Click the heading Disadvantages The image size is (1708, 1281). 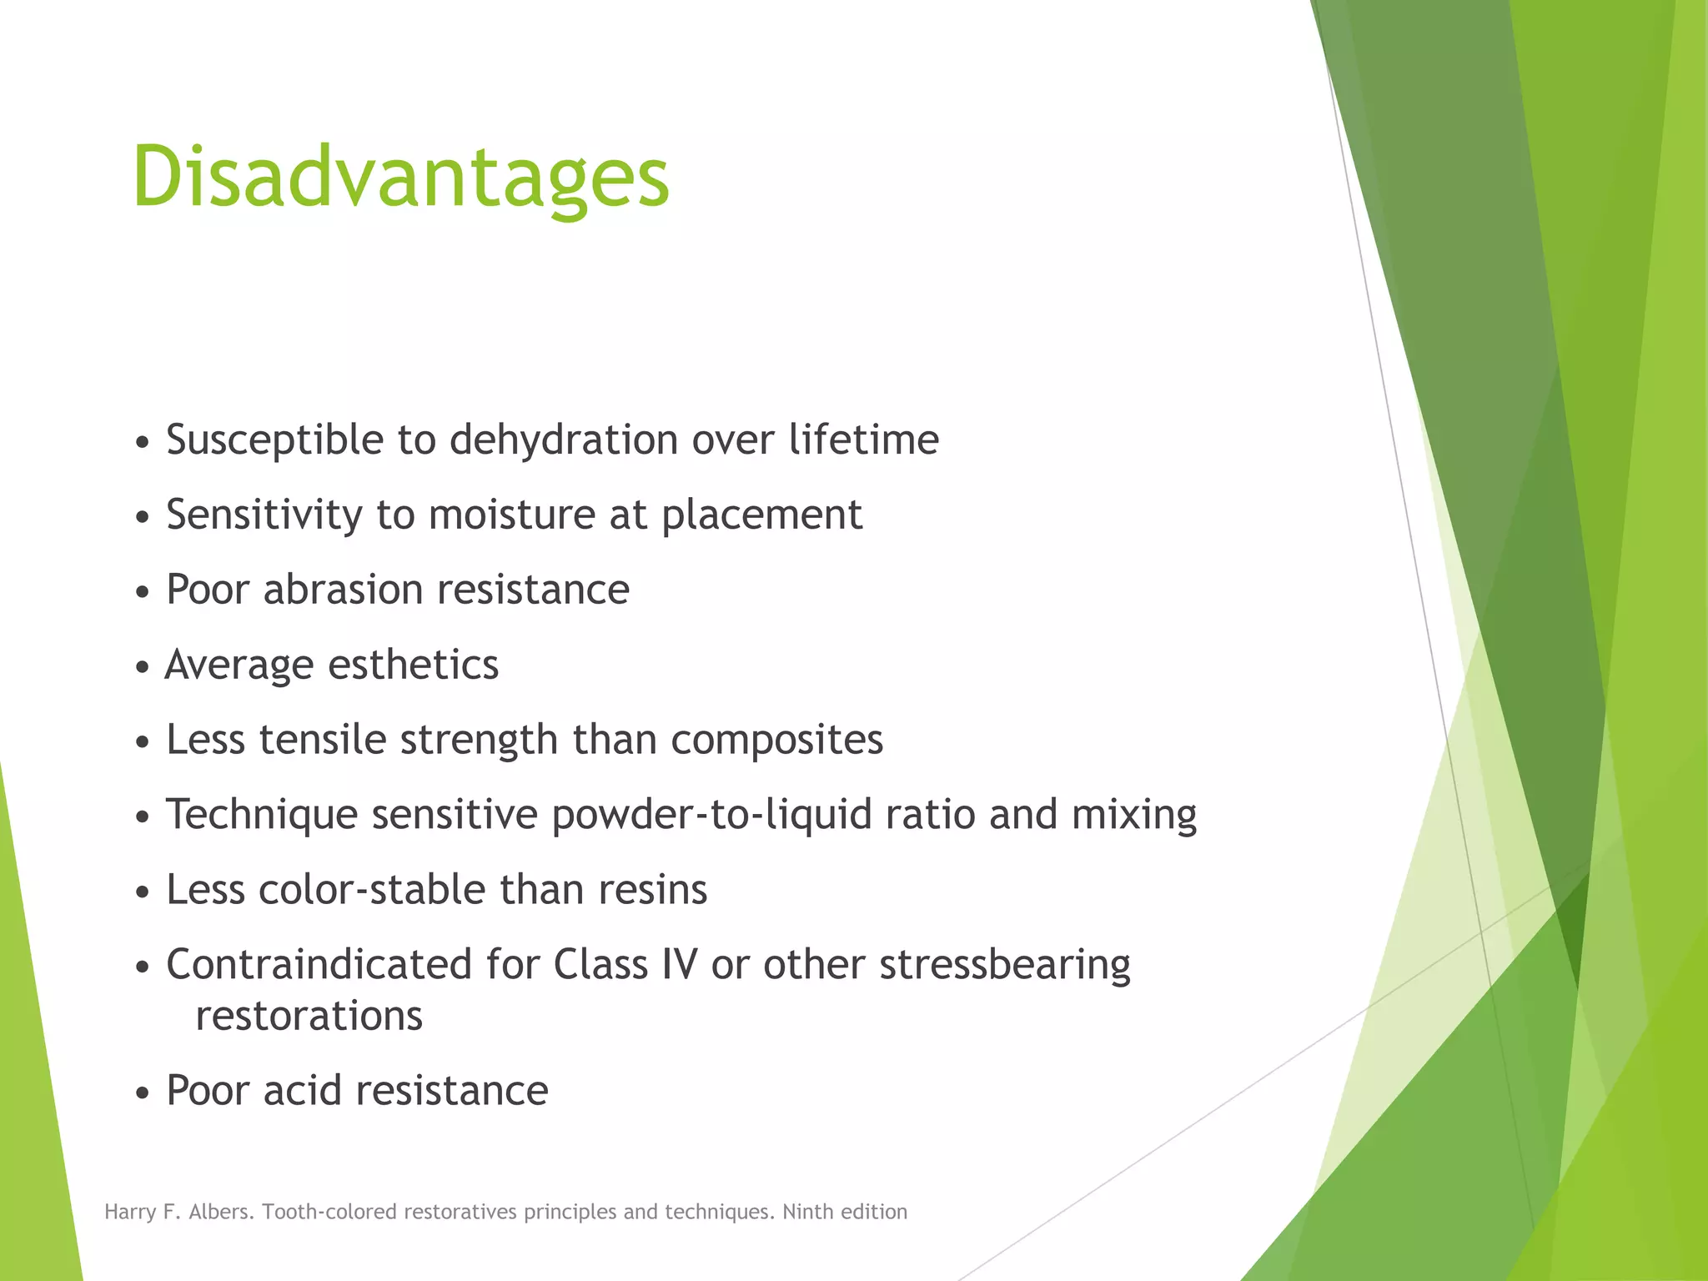[400, 177]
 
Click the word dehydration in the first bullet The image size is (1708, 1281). [564, 440]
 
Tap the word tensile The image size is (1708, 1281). [323, 740]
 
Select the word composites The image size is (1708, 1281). [776, 741]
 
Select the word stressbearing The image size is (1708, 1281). [1005, 966]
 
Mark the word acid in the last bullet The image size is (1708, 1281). [303, 1091]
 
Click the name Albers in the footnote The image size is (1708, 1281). [221, 1212]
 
